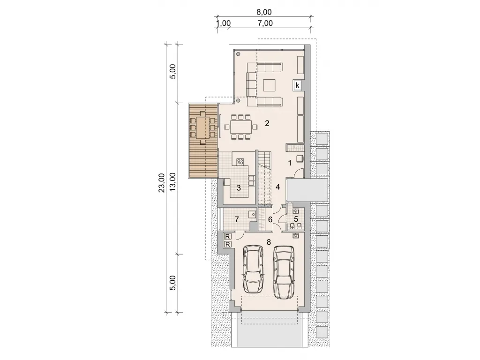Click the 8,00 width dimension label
pos(263,12)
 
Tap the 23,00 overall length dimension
pos(162,183)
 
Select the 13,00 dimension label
pos(173,182)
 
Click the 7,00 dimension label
pos(265,23)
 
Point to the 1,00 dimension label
pos(223,23)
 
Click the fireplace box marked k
pos(297,85)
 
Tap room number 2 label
pos(267,123)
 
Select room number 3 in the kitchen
pos(239,188)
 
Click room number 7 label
pos(237,219)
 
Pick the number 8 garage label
pos(269,242)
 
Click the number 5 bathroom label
pos(296,219)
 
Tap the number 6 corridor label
pos(270,220)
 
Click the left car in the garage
pos(253,269)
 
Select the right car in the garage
pos(284,272)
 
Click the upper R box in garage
pos(227,236)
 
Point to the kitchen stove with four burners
pos(240,161)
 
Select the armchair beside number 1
pos(300,158)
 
